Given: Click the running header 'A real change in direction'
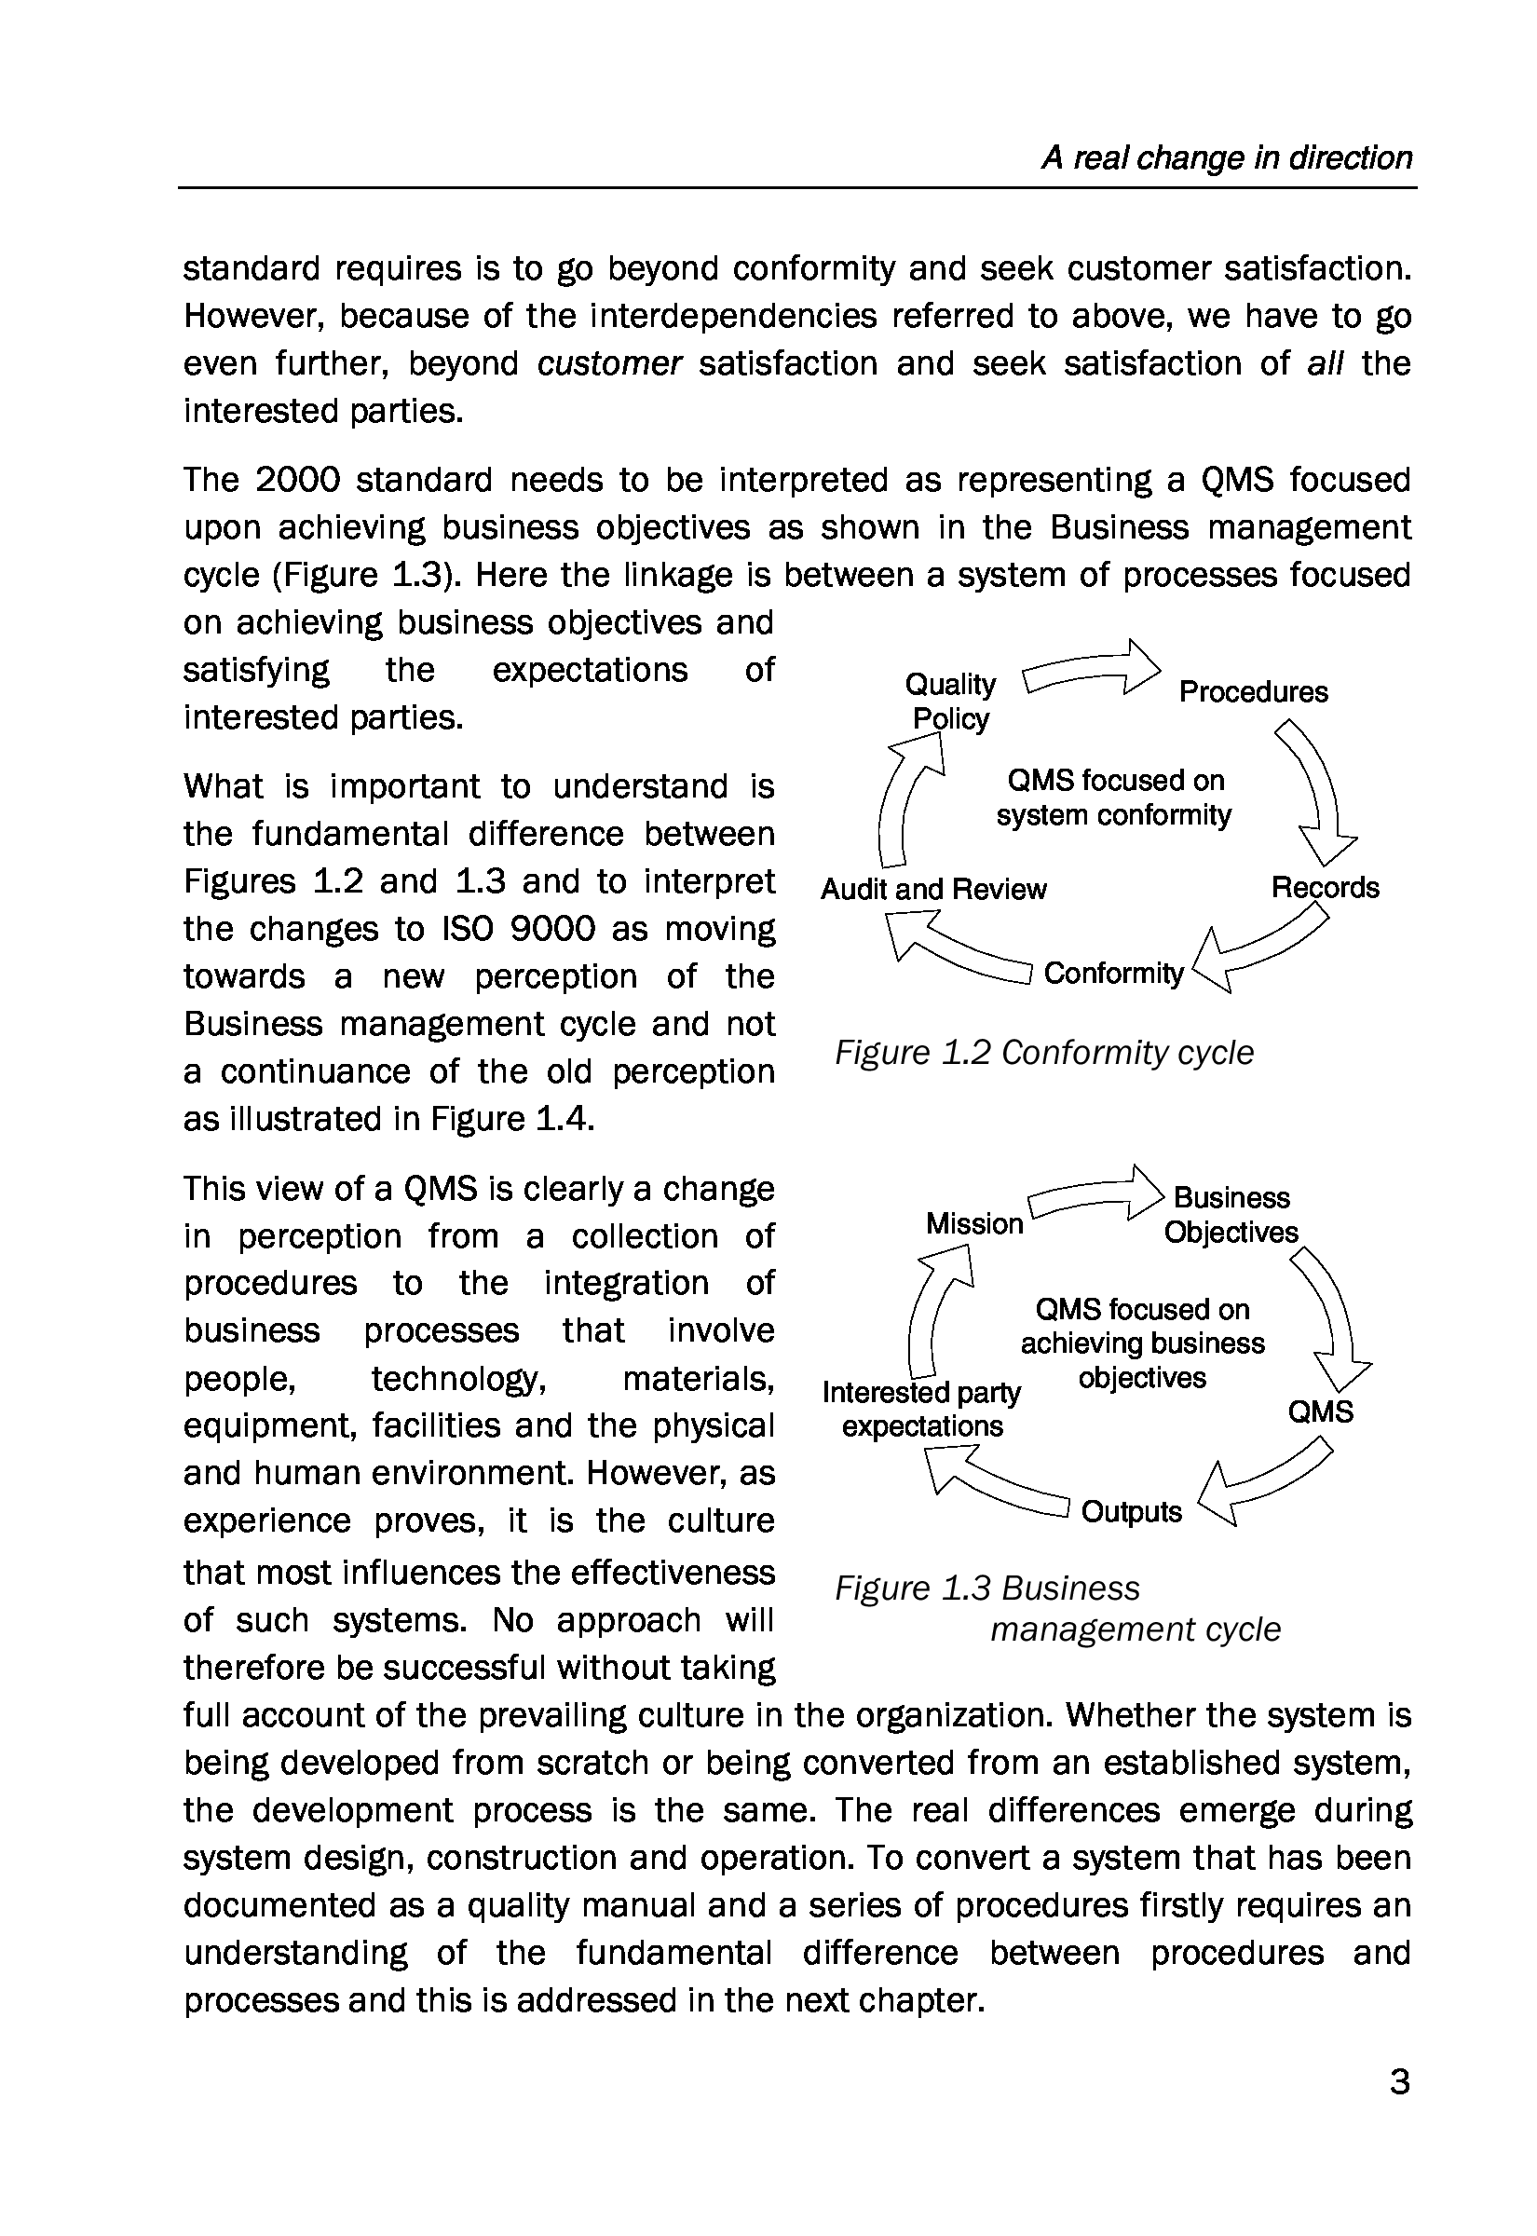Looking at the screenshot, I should point(1226,158).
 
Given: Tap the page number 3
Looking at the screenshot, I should point(1400,2082).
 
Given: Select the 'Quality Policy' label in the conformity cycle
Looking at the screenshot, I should point(950,701).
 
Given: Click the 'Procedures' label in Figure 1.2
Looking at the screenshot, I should point(1253,691).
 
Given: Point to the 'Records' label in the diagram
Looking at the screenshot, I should point(1326,887).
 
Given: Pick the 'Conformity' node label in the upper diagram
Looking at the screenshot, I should point(1113,973).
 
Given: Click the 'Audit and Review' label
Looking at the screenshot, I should point(933,889).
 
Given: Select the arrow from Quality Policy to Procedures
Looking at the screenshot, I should point(1091,667).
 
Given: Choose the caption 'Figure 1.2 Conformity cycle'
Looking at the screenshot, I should point(1044,1053).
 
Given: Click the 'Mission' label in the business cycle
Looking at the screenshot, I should point(973,1223).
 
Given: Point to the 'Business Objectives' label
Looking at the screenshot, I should point(1231,1214).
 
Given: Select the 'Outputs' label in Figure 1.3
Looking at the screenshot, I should point(1131,1512).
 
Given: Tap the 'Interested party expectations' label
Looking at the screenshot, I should point(921,1409).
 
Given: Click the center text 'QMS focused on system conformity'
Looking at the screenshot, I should point(1114,798).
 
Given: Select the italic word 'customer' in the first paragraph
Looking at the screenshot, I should point(609,364).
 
